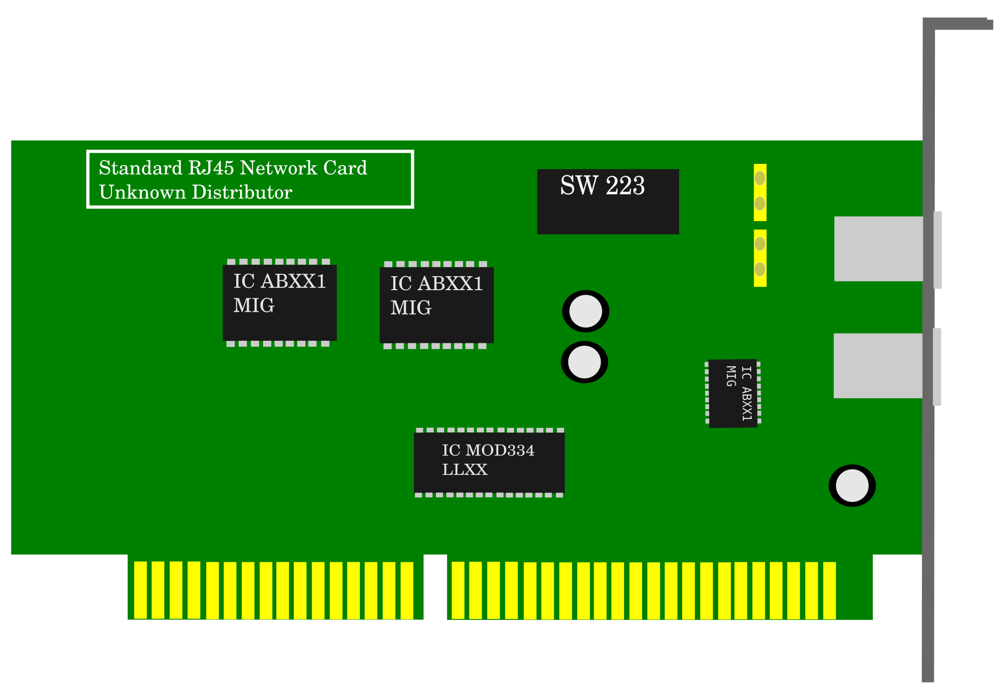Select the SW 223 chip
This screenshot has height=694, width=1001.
point(608,202)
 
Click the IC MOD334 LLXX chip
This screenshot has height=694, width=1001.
point(489,462)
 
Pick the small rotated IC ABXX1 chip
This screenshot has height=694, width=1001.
point(733,393)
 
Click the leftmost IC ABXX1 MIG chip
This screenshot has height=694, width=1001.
point(279,302)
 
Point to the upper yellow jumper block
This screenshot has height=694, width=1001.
point(760,192)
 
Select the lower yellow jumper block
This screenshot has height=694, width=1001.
point(760,258)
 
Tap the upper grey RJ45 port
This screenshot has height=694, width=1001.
point(878,249)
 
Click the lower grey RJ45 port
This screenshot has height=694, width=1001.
point(878,366)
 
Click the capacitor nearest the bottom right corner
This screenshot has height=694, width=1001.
point(852,486)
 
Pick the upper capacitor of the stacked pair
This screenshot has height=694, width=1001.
point(586,311)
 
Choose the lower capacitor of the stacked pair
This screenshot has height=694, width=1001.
point(585,362)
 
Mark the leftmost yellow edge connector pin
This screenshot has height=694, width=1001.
point(140,590)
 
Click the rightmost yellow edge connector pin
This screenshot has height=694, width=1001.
point(829,590)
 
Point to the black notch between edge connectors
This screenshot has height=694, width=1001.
point(435,588)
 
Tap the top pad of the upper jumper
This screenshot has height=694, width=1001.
point(760,178)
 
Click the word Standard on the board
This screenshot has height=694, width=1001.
point(141,168)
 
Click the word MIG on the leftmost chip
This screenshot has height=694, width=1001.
point(254,306)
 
